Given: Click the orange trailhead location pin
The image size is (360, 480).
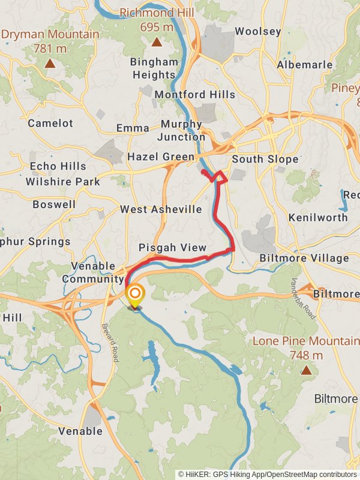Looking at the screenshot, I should tap(136, 295).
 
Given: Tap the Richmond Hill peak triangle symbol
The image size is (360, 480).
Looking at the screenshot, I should tap(157, 42).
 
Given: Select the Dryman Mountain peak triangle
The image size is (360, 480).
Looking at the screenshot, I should tap(50, 63).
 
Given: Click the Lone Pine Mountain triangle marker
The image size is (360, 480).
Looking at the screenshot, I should tap(306, 370).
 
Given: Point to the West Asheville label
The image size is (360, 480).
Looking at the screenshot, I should tap(161, 209).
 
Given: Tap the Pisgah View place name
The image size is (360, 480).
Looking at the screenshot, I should tap(172, 248).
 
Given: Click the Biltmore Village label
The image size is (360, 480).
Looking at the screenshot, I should tap(304, 258).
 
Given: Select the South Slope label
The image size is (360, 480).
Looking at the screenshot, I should tap(265, 159).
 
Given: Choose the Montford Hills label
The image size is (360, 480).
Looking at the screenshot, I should tap(195, 95).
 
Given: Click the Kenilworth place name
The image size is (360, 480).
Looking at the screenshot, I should tap(318, 217).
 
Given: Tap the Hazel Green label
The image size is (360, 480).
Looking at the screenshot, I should tap(161, 157).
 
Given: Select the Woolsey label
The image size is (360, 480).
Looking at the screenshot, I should tap(258, 31).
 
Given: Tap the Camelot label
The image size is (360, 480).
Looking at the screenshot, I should tap(50, 123).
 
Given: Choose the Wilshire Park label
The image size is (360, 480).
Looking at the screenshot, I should tap(63, 181).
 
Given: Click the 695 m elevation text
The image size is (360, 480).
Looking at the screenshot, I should tap(157, 27).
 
